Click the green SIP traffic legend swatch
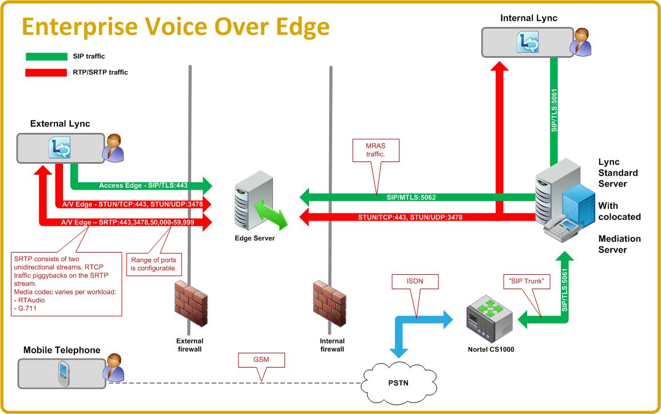46,56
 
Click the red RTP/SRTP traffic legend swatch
46,72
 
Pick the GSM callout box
261,359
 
